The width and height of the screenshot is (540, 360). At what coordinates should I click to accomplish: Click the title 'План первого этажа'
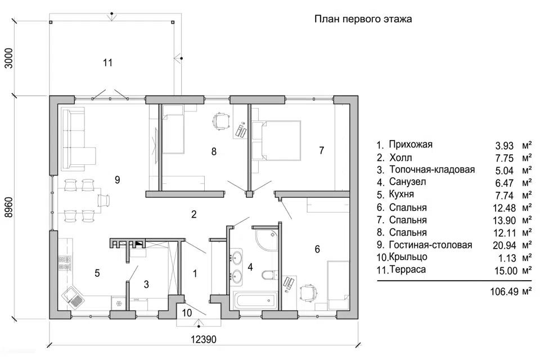[363, 19]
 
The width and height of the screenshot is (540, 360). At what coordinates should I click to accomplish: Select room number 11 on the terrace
[107, 63]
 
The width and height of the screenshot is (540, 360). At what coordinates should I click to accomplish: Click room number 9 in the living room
[117, 180]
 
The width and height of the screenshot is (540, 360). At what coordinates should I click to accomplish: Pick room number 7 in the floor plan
[321, 150]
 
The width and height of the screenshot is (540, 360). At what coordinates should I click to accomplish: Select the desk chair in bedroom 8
[221, 120]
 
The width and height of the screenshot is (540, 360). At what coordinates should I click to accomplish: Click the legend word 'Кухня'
[401, 195]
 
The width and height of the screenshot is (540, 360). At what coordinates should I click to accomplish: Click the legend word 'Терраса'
[407, 270]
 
